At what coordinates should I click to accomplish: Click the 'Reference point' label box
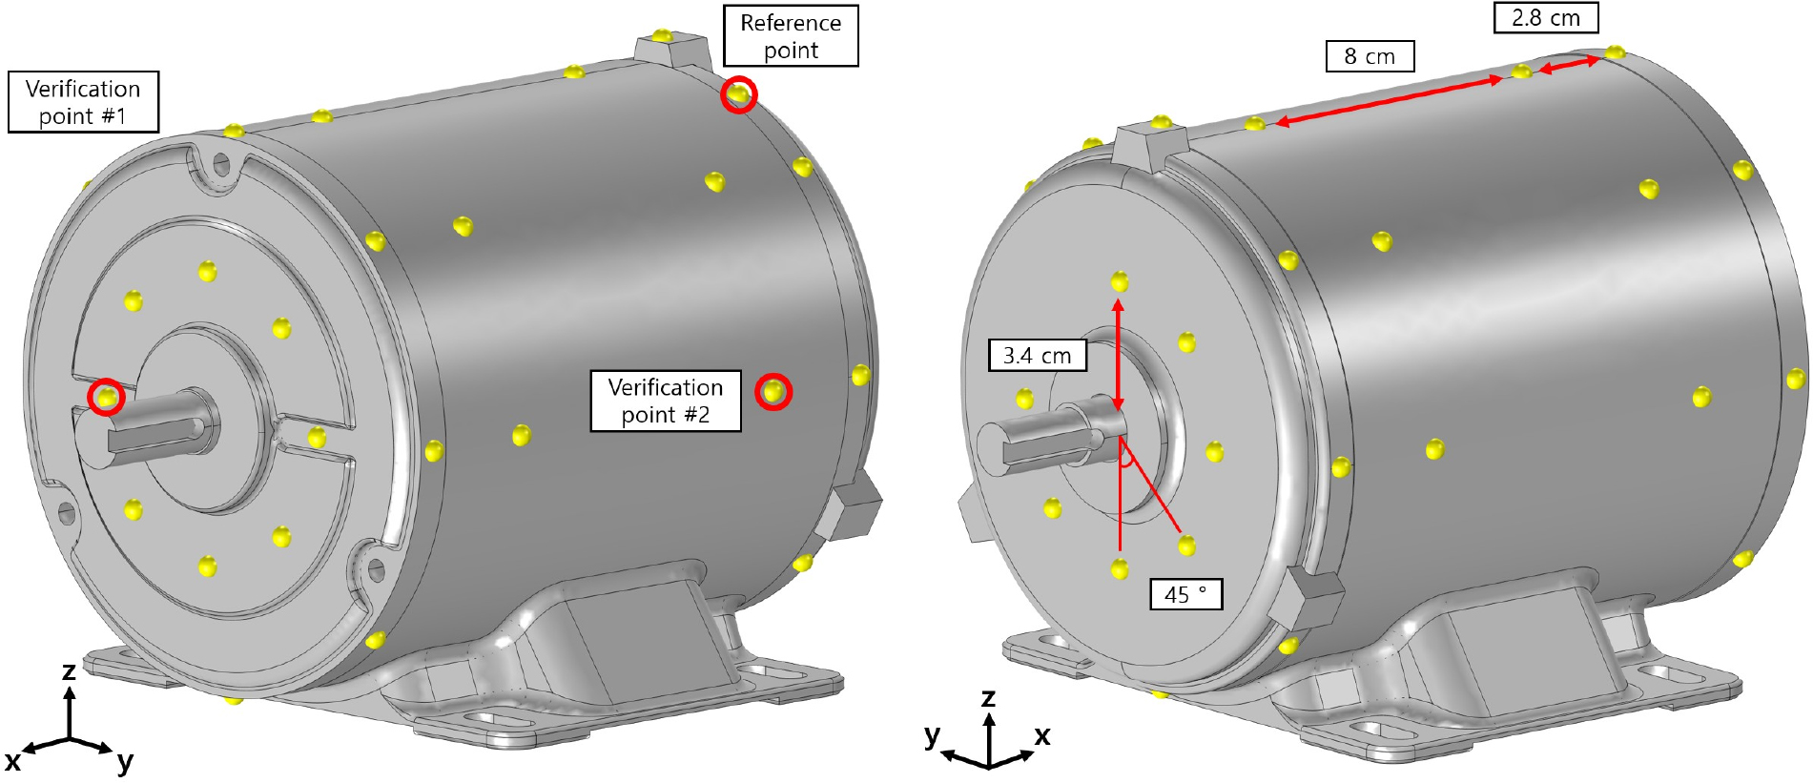[x=791, y=36]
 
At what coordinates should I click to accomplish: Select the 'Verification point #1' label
[x=83, y=102]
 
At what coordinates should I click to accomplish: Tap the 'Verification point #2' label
[x=666, y=401]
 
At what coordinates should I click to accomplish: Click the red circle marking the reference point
[x=738, y=94]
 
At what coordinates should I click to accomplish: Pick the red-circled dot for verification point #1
[x=106, y=396]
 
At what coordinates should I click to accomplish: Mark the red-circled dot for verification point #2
[x=773, y=391]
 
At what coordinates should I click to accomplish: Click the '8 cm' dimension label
[x=1370, y=56]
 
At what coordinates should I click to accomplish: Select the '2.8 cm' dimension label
[x=1545, y=18]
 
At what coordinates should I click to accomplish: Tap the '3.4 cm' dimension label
[x=1038, y=356]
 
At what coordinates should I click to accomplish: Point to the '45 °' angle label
[x=1186, y=594]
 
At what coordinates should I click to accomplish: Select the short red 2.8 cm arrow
[x=1569, y=65]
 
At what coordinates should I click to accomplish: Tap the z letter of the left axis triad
[x=69, y=670]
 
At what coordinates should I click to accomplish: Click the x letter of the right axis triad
[x=1042, y=735]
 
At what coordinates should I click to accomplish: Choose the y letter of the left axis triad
[x=125, y=762]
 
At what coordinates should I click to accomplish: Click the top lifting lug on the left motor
[x=671, y=47]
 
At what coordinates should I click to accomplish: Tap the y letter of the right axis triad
[x=932, y=735]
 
